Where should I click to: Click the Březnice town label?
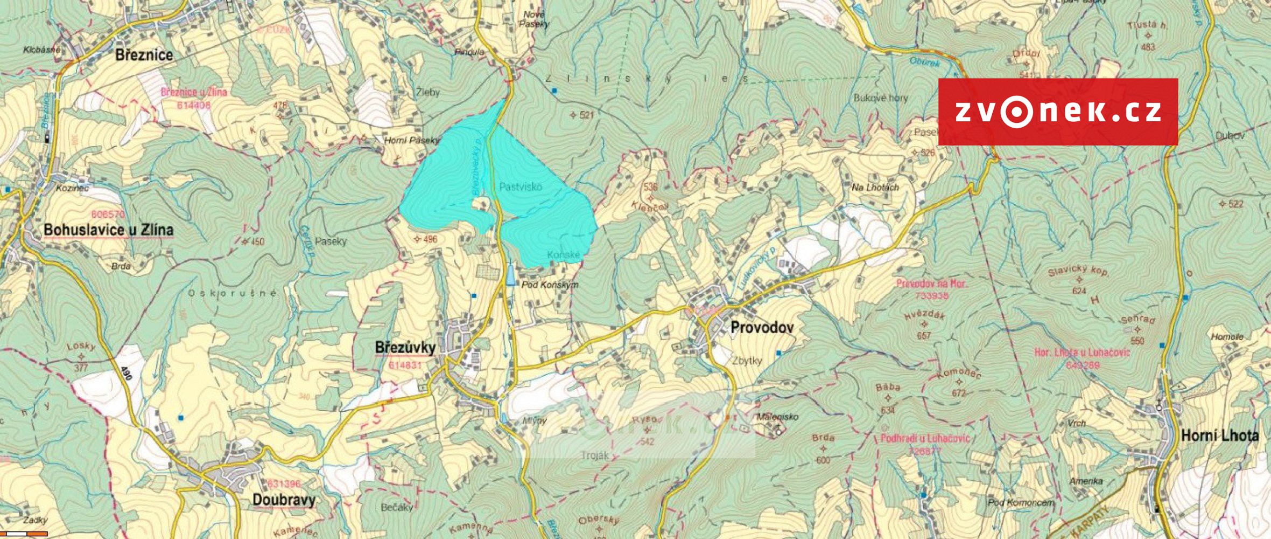coord(144,55)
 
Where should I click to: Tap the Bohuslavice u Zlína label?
coord(108,230)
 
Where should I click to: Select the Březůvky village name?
coord(405,348)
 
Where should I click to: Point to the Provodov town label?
coord(762,327)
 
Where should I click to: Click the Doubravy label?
coord(284,500)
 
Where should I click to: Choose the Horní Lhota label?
coord(1219,436)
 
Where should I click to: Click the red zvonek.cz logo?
coord(1058,112)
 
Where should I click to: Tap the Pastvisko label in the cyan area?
coord(520,187)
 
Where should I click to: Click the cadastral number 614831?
coord(405,365)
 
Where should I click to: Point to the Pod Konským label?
coord(550,285)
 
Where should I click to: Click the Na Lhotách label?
coord(875,188)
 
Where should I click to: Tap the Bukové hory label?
coord(880,98)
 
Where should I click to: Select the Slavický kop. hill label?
coord(1078,271)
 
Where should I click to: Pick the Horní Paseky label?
coord(411,141)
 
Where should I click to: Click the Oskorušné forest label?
coord(233,294)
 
